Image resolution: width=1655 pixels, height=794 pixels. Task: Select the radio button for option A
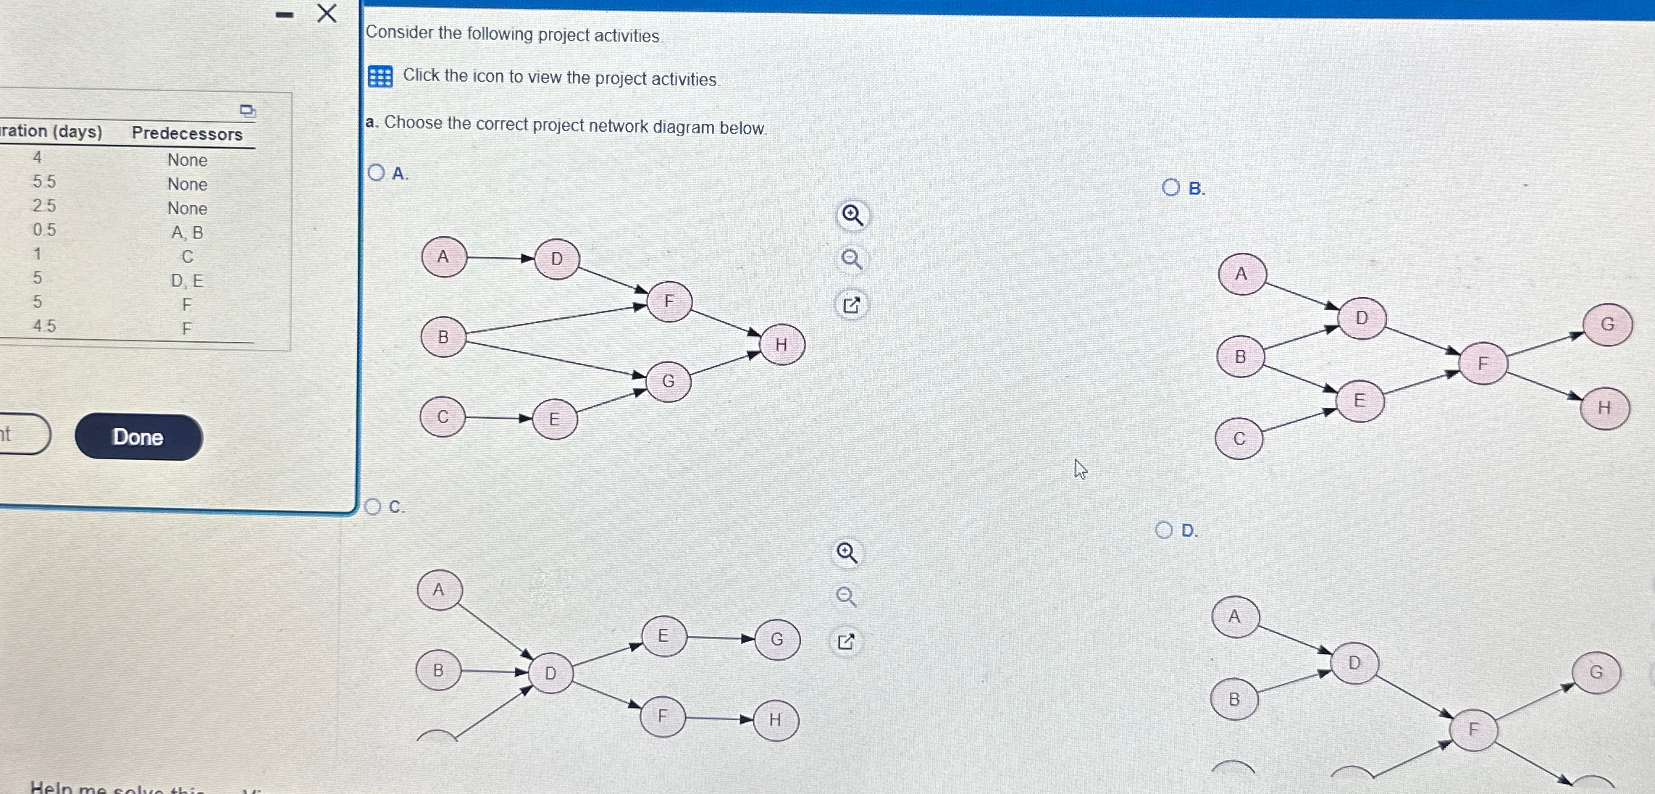coord(376,172)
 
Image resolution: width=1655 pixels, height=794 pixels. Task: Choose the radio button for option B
coord(1170,188)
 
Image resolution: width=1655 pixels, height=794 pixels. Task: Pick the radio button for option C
coord(373,506)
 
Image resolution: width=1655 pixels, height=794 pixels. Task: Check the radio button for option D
coord(1164,530)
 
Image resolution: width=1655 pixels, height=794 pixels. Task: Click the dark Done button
coord(138,437)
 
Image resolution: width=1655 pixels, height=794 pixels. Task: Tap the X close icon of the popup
coord(327,13)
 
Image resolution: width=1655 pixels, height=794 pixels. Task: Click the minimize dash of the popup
coord(285,14)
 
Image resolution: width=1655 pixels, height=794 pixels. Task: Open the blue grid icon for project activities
coord(380,76)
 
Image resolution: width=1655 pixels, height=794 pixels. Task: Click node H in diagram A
coord(782,345)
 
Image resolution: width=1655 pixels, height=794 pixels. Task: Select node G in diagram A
coord(668,381)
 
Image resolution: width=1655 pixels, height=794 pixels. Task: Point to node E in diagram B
coord(1359,401)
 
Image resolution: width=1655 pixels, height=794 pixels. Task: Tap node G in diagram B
coord(1607,325)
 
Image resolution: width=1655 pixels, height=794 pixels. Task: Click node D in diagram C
coord(550,674)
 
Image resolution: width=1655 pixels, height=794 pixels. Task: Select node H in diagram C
coord(775,720)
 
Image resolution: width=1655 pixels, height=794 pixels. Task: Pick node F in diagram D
coord(1473,730)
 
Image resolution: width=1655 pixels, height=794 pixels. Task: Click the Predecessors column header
coord(187,134)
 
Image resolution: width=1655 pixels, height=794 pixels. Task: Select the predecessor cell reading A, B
coord(187,233)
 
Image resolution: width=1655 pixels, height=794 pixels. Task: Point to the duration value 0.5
coord(44,230)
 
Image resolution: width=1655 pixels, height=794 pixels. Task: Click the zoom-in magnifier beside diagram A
coord(852,215)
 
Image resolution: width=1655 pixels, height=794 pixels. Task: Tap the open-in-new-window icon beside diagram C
coord(846,642)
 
